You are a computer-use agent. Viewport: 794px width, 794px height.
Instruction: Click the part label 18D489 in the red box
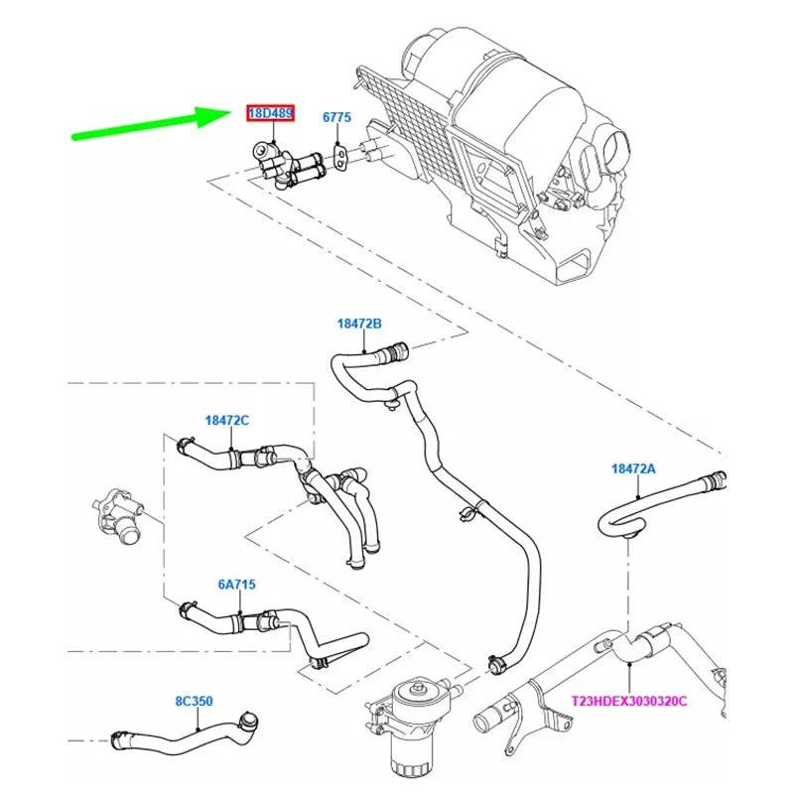tap(270, 113)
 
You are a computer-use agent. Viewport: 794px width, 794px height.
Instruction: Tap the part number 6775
tap(336, 117)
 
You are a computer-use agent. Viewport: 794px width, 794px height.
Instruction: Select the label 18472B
tap(359, 324)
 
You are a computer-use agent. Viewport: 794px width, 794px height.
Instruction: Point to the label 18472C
tap(227, 420)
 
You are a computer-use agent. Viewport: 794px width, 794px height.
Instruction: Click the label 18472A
tap(633, 468)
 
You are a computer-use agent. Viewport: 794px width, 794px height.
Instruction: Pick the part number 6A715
tap(236, 585)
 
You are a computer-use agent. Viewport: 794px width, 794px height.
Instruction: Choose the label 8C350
tap(194, 702)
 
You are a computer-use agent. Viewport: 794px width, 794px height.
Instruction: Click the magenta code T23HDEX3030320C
tap(629, 702)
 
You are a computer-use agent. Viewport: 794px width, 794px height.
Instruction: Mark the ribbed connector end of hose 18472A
tap(713, 481)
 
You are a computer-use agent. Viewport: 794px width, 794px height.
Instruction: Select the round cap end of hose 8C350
tap(249, 721)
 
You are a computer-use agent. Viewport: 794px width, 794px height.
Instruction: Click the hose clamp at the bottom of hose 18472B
tap(497, 662)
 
